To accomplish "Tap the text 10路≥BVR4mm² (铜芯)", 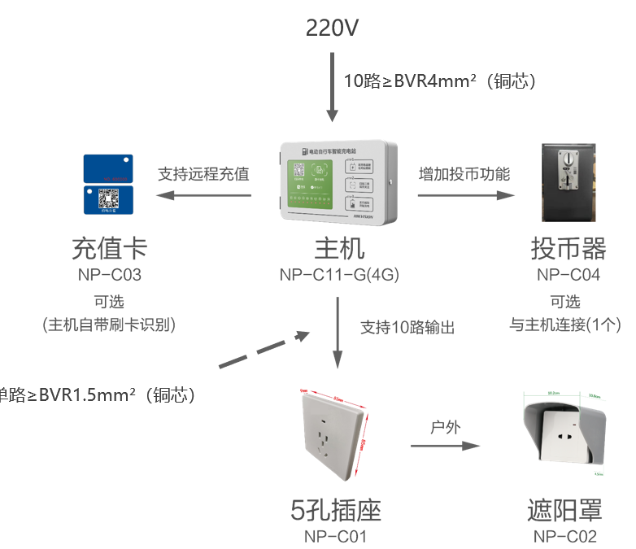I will (439, 81).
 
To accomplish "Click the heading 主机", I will (339, 248).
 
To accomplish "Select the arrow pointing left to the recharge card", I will (203, 195).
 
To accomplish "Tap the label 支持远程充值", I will (203, 174).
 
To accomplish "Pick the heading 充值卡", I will (110, 248).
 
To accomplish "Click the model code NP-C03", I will (110, 275).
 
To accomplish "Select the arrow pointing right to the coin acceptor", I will (467, 195).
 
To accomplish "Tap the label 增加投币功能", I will (464, 174).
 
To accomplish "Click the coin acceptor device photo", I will (568, 183).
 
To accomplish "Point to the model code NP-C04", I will (568, 275).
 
